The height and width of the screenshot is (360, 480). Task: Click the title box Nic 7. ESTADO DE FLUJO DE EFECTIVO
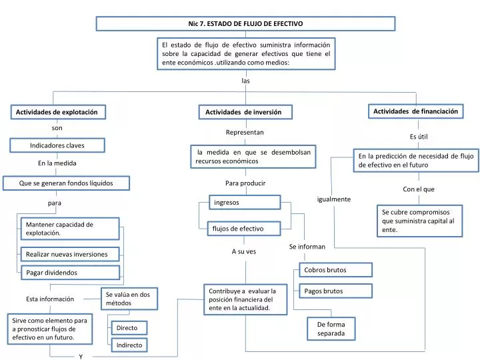(245, 23)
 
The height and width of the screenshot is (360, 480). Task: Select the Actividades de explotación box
(58, 112)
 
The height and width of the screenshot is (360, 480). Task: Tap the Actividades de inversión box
(245, 112)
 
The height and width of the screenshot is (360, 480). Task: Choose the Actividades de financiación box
(416, 111)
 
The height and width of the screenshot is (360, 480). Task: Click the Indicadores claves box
(57, 145)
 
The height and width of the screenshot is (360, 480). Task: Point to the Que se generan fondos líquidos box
(66, 183)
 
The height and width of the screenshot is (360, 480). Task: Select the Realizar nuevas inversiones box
(70, 254)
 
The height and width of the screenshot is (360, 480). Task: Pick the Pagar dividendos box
(71, 273)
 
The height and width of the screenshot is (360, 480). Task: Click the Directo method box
(129, 328)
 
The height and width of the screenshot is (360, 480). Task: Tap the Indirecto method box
(129, 345)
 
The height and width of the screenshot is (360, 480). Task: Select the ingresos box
(245, 203)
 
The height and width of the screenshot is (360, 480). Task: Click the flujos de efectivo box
(244, 229)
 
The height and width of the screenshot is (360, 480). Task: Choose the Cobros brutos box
(336, 270)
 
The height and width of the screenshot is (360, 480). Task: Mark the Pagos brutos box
(336, 291)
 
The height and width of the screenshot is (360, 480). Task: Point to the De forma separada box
(331, 329)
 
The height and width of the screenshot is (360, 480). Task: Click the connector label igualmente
(334, 199)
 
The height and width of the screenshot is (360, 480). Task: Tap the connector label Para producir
(245, 183)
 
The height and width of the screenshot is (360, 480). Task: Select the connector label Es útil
(419, 137)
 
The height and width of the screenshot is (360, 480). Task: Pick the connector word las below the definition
(245, 81)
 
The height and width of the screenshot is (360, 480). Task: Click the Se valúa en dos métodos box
(129, 299)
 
